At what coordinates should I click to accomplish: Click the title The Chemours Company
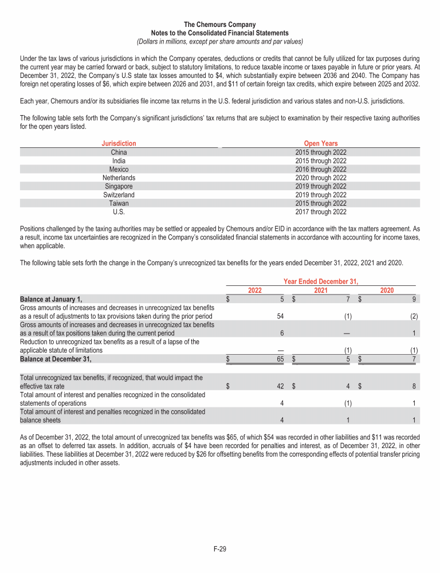[x=220, y=25]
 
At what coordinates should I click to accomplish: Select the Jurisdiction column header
[x=119, y=143]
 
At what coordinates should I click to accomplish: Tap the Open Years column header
[x=321, y=143]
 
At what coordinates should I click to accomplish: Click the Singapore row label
[x=119, y=186]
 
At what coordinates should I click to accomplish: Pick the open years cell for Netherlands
[x=321, y=178]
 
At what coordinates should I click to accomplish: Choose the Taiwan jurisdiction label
[x=119, y=203]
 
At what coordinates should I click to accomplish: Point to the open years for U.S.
[x=321, y=211]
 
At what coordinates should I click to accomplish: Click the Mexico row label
[x=119, y=169]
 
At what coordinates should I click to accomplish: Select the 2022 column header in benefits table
[x=255, y=291]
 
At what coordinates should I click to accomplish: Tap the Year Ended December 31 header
[x=321, y=281]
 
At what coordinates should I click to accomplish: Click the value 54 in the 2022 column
[x=280, y=316]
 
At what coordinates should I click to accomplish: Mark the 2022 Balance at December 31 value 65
[x=280, y=359]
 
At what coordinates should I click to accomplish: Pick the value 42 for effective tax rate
[x=280, y=387]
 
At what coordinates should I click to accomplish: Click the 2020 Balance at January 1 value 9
[x=412, y=299]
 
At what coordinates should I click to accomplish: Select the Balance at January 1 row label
[x=51, y=299]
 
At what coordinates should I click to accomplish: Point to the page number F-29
[x=220, y=550]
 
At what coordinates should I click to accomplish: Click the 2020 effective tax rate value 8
[x=412, y=387]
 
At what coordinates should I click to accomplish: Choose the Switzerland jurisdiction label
[x=119, y=195]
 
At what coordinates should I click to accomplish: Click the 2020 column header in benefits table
[x=387, y=291]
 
